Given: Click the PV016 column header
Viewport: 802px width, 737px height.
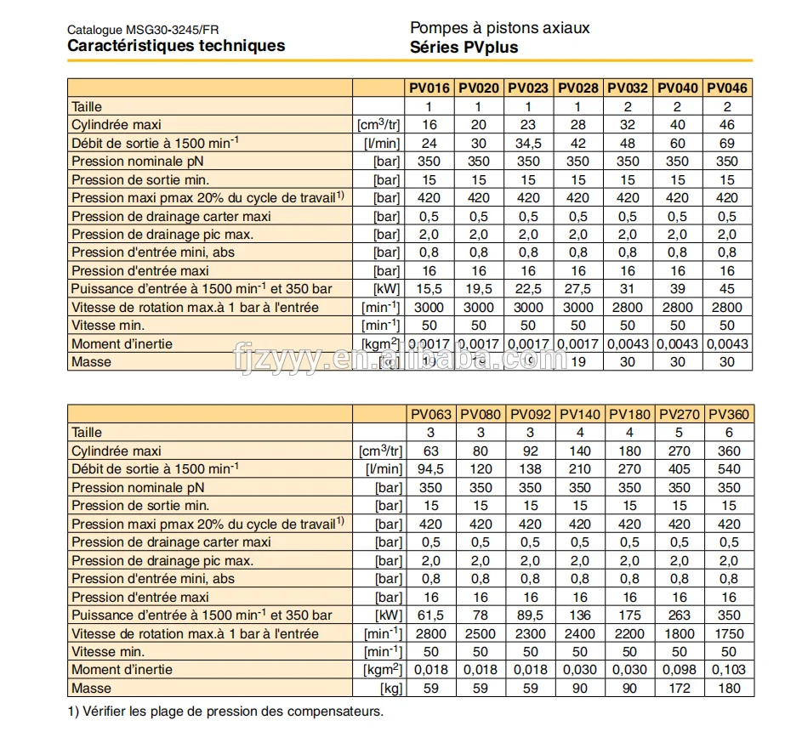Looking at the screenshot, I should point(429,88).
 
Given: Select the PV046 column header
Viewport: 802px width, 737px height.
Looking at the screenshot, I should point(727,88).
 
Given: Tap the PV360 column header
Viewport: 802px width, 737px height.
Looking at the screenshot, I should point(729,415).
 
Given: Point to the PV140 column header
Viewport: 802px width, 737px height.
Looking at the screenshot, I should point(580,415).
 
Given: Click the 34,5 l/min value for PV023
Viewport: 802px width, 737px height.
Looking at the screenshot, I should point(528,144).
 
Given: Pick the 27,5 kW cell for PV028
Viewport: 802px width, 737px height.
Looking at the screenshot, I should point(578,289).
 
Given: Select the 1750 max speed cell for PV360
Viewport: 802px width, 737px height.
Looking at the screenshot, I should point(729,633).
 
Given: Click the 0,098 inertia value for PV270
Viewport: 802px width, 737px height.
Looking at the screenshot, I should point(680,670).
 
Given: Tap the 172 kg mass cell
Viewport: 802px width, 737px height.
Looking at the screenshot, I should point(680,688).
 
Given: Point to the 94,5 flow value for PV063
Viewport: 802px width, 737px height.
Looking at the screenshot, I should point(429,469).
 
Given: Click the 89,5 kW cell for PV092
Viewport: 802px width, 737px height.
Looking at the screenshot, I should point(530,615).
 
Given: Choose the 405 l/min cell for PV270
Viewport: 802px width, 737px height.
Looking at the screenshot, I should point(680,469).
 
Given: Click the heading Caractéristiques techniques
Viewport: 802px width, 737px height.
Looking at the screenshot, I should point(176,46).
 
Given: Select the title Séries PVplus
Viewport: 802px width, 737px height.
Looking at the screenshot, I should point(464,48).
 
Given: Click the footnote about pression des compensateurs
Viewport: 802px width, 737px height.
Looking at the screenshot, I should point(225,711).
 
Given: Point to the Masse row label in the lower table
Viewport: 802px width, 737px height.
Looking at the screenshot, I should point(91,688).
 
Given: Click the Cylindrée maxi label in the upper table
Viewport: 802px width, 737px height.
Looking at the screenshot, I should point(116,125).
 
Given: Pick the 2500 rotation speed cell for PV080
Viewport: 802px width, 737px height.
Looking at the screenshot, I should point(481,633).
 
